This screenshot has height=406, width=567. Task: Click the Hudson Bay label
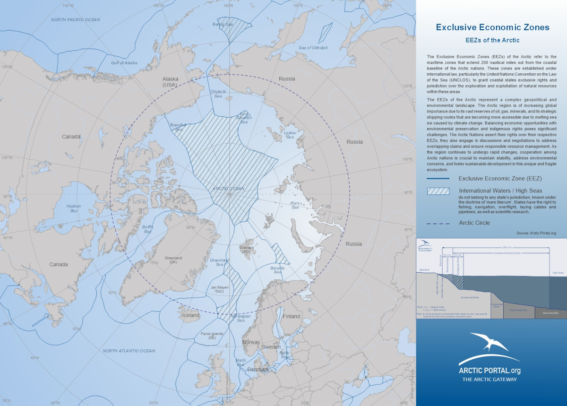tap(74, 208)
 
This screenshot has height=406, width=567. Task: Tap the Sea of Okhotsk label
tap(313, 48)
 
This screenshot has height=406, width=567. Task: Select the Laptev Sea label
tap(289, 135)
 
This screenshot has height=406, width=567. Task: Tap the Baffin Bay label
tap(148, 230)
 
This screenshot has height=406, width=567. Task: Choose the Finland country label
tap(291, 316)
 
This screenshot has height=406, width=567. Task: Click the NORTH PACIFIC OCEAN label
tap(76, 19)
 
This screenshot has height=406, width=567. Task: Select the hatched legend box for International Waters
tap(438, 191)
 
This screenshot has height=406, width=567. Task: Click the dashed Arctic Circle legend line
tap(438, 223)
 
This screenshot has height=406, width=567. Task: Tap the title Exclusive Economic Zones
tap(492, 27)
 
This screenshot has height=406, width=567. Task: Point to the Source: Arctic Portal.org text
tap(536, 233)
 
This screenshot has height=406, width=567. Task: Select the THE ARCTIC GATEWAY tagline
tap(489, 380)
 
